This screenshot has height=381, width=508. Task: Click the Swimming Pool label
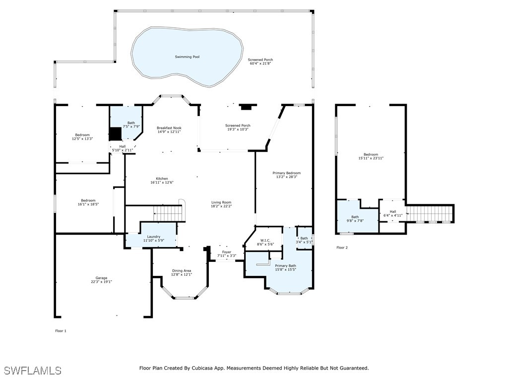[x=187, y=57]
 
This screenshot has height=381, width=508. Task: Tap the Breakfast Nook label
[x=169, y=128]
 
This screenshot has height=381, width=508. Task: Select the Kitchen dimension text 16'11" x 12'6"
[x=162, y=183]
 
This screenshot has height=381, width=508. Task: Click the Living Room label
[x=222, y=202]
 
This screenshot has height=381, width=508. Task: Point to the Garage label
[x=101, y=278]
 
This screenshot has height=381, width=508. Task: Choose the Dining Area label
[x=182, y=271]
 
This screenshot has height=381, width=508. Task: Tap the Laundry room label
[x=154, y=237]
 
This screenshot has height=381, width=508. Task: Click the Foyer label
[x=227, y=252]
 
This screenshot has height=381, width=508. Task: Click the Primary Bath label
[x=285, y=266]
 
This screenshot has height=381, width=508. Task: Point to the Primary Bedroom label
[x=287, y=173]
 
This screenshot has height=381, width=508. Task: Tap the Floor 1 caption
[x=61, y=331]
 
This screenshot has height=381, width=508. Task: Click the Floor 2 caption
[x=342, y=248]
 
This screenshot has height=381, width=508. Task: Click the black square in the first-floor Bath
[x=115, y=134]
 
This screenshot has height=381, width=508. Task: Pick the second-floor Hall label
[x=393, y=211]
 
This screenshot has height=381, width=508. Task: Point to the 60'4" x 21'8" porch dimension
[x=260, y=63]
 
